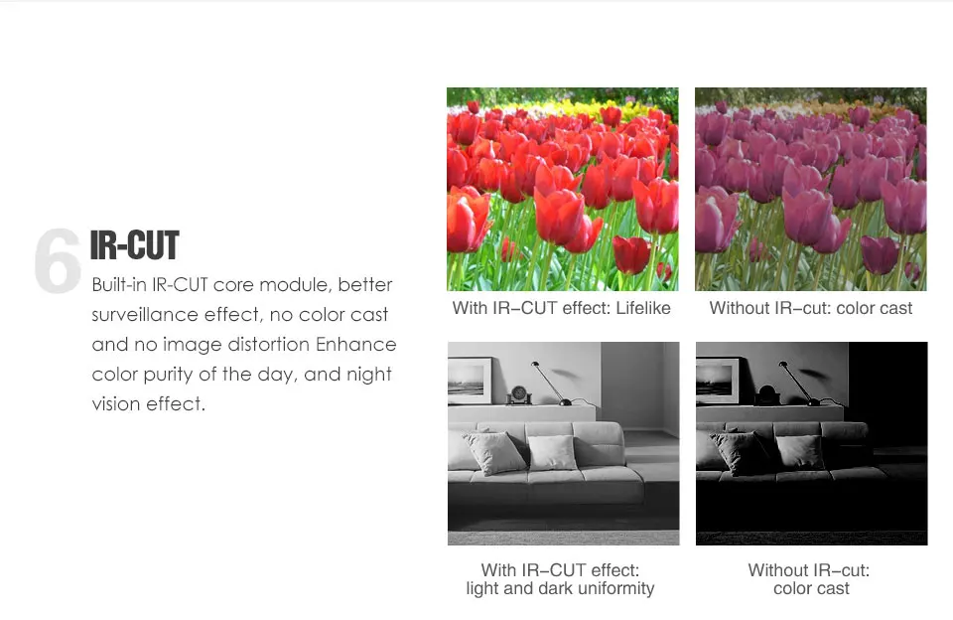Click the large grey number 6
58,260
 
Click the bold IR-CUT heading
134,245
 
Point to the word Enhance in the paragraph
355,345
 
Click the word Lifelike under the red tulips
643,308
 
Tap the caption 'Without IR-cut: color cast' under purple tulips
811,308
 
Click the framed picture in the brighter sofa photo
470,381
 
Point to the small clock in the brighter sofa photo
519,394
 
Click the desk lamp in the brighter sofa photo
551,384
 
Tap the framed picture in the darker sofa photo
718,381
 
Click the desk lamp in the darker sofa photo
799,384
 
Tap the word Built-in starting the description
119,285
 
